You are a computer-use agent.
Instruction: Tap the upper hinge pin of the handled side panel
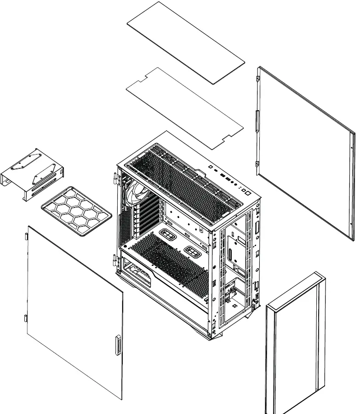coord(27,236)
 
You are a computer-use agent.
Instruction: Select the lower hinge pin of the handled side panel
coord(25,317)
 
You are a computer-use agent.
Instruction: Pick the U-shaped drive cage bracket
coord(32,175)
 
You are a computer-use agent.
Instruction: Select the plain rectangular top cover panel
coord(186,42)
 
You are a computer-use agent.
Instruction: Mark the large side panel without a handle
coord(303,152)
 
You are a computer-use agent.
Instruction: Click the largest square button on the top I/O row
coord(246,193)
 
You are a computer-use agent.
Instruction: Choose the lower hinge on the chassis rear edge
coord(115,261)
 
